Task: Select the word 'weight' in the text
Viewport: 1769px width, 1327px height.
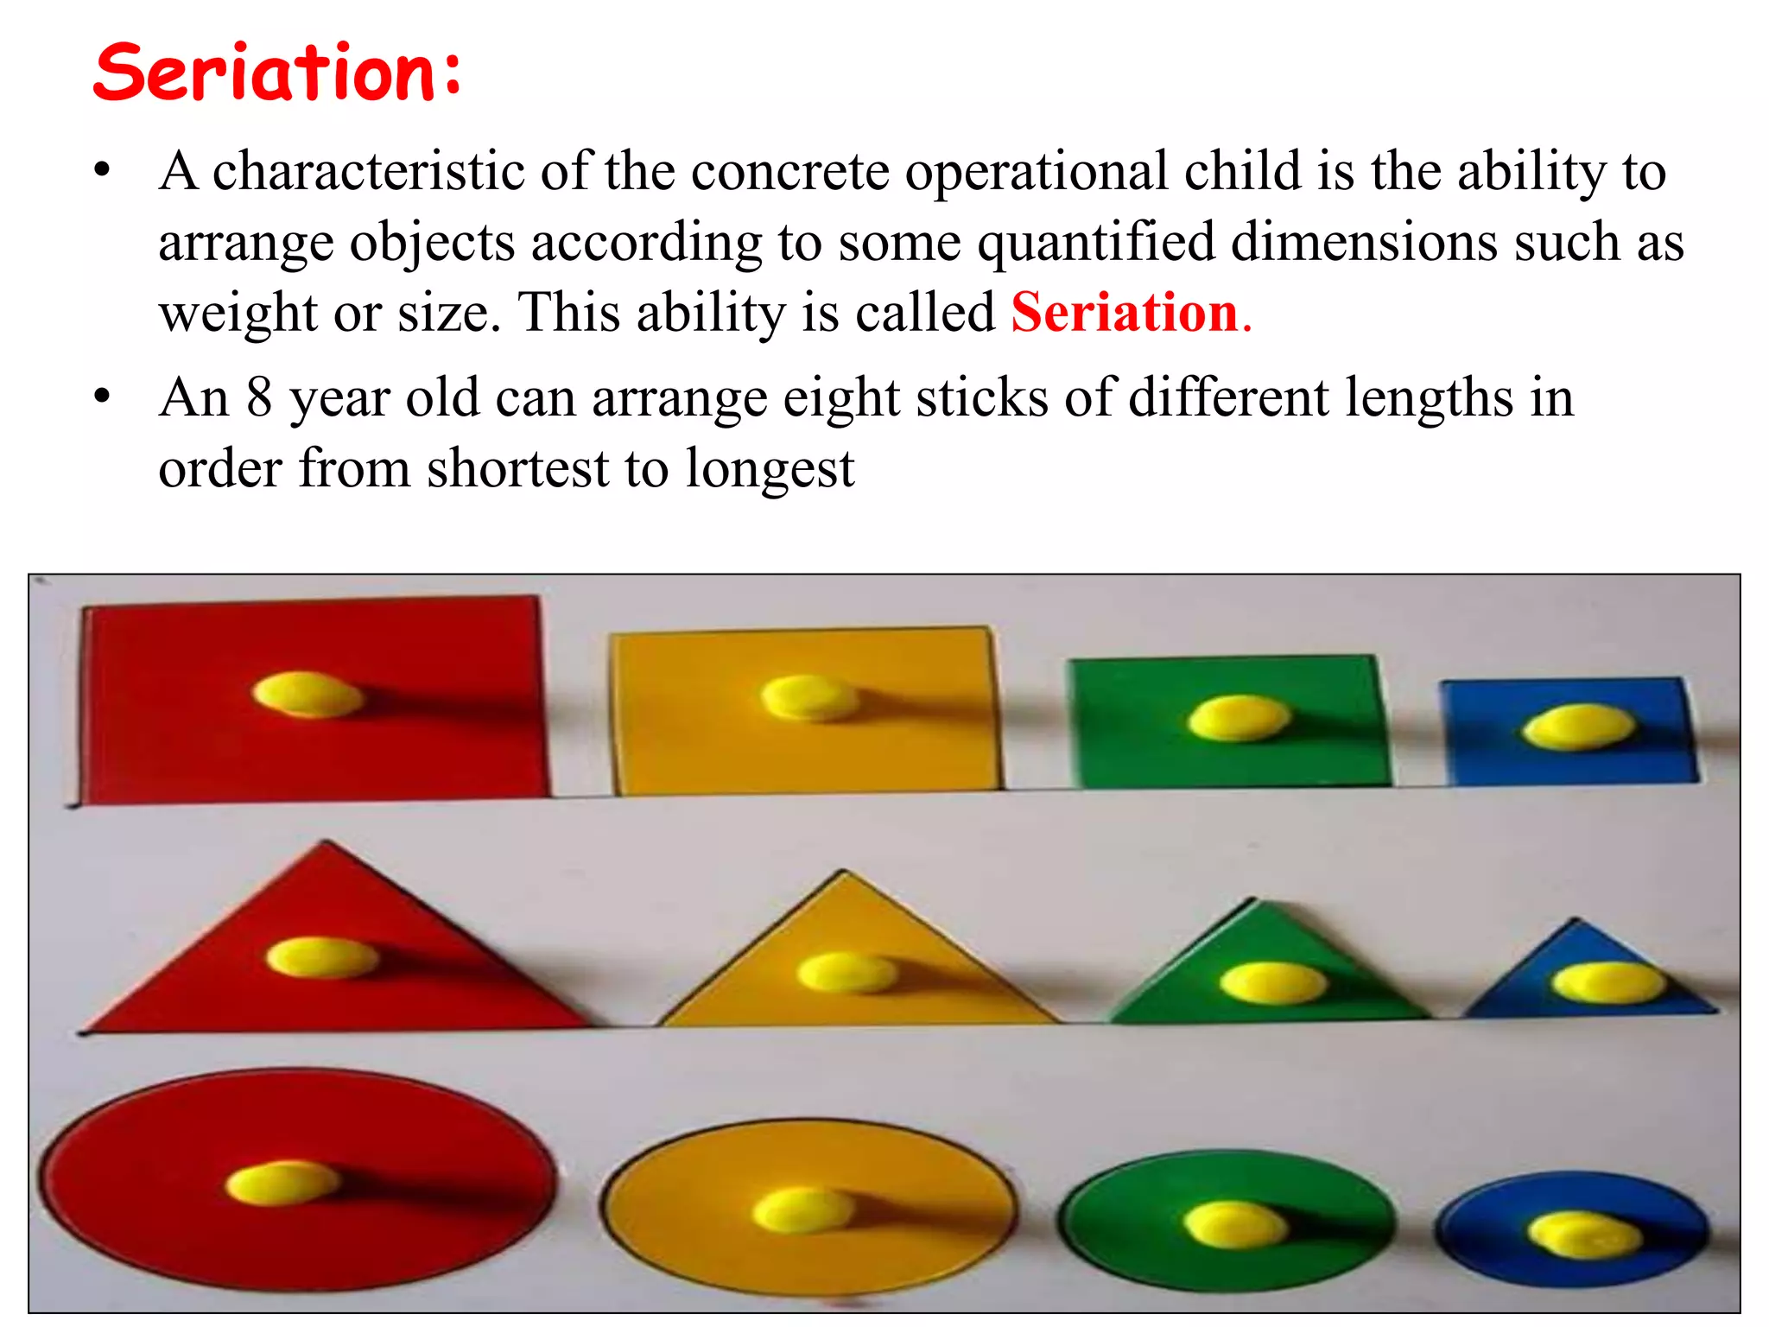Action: pos(238,313)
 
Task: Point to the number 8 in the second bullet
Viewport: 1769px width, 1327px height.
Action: pos(259,398)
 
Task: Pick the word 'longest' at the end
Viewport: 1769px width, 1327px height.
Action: pos(770,470)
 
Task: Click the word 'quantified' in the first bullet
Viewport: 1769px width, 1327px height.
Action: pos(1096,242)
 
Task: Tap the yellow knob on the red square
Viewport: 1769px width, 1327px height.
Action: pos(308,695)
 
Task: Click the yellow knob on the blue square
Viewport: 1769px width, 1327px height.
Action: pos(1578,726)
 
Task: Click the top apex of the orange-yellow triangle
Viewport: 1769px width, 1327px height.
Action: pos(844,873)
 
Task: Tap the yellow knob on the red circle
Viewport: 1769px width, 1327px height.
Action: pos(282,1182)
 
